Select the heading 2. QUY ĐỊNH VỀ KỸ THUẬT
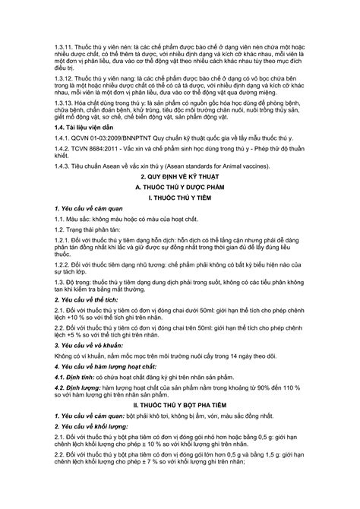180,220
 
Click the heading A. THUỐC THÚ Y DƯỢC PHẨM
180,231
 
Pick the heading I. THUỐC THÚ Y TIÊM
180,242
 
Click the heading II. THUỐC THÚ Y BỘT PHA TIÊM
180,459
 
